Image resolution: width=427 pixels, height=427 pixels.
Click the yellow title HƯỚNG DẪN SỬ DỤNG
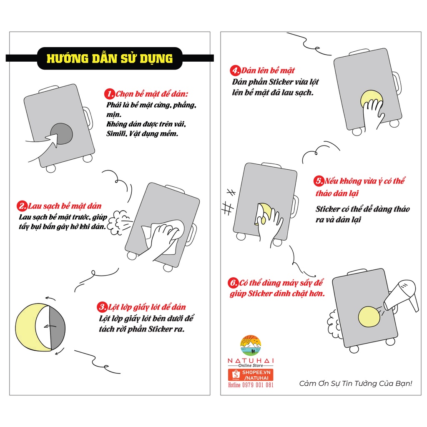[110, 58]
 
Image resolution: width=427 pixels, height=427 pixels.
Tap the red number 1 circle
[110, 94]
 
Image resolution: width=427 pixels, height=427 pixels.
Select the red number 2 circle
[22, 206]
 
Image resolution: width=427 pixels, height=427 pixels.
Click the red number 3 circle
[102, 307]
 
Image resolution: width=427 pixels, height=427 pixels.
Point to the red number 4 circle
[235, 70]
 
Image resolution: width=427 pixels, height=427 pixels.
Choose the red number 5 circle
[318, 181]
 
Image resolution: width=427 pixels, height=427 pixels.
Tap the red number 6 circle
[233, 283]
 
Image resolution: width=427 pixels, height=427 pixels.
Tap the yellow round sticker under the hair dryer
[369, 316]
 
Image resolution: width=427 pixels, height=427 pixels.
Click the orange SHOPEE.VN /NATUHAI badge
[251, 375]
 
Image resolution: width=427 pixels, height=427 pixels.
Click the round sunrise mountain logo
[251, 345]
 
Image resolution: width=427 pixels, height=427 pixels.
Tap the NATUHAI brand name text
[251, 361]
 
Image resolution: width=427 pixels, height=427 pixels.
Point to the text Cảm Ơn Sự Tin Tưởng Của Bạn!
[356, 384]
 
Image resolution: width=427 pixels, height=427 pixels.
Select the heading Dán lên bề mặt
[268, 70]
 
